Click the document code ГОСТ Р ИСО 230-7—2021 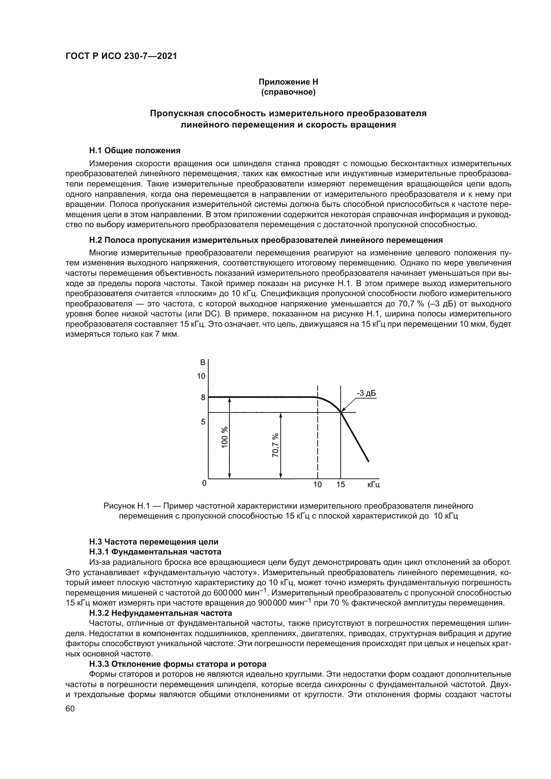(x=121, y=56)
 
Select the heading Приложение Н (x=288, y=82)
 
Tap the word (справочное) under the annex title (x=288, y=92)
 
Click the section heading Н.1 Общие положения (x=135, y=150)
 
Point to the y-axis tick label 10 (x=201, y=376)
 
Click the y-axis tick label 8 (x=203, y=397)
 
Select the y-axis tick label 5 (x=203, y=422)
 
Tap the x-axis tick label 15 (x=341, y=485)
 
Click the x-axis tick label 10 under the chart (x=317, y=485)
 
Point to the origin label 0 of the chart (x=204, y=483)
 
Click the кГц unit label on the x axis (x=373, y=485)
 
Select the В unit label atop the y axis (x=203, y=362)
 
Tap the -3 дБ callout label (x=366, y=393)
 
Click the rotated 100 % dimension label (x=225, y=438)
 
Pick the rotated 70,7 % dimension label (x=275, y=445)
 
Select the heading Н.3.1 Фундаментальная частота (x=155, y=552)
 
